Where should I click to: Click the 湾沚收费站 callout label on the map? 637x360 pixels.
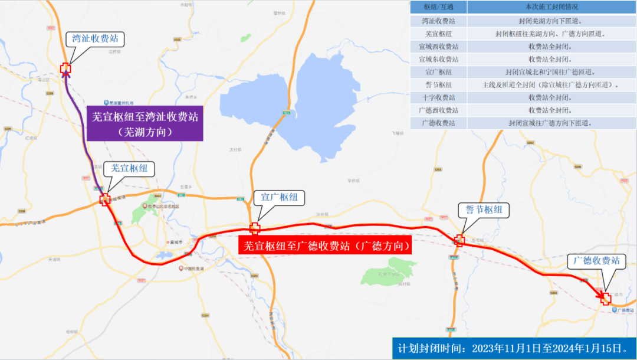point(96,40)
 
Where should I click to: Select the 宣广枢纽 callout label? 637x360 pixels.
point(279,197)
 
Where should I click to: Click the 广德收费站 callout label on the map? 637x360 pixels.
point(597,261)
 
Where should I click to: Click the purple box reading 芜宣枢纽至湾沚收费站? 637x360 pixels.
point(145,124)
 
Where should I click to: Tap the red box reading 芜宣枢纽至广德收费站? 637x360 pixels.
point(325,246)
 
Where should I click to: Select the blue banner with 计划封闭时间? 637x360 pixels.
point(513,348)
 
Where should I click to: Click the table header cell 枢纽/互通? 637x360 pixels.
point(438,7)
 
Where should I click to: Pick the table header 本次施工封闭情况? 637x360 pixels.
point(551,7)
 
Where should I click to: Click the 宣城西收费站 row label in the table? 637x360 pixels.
point(438,46)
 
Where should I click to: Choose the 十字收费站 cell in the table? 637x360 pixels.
point(438,97)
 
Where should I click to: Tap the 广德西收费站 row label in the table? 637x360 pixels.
point(438,110)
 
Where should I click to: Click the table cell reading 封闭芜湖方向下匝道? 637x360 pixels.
point(551,21)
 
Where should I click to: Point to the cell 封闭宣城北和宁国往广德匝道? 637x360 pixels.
point(551,72)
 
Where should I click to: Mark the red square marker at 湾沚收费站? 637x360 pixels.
point(65,69)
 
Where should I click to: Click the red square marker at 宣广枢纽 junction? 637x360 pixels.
point(255,228)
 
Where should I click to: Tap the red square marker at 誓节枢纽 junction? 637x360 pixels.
point(459,240)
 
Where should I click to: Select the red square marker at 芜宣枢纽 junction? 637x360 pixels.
point(105,199)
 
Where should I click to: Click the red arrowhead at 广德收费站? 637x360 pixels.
point(603,297)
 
